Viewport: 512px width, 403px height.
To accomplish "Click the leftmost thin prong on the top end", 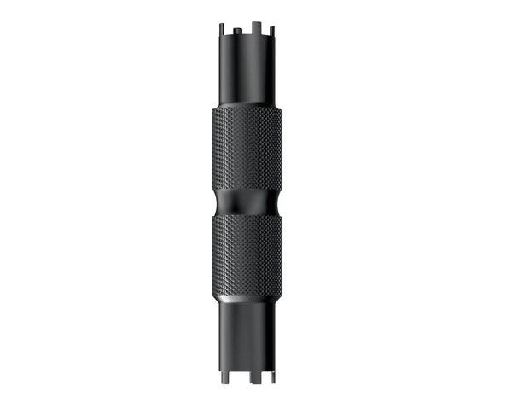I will pyautogui.click(x=221, y=30).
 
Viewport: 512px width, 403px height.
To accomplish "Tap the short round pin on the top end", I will pyautogui.click(x=235, y=32).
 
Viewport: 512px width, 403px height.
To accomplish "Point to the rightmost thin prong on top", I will pyautogui.click(x=271, y=30).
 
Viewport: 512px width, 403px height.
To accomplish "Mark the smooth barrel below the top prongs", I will pyautogui.click(x=247, y=73).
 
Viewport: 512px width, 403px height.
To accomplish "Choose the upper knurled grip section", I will pyautogui.click(x=247, y=149).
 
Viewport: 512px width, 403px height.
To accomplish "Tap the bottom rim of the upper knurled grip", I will pyautogui.click(x=247, y=189).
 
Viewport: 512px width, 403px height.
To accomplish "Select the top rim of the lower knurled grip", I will pyautogui.click(x=247, y=217).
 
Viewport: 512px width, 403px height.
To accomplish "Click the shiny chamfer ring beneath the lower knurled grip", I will pyautogui.click(x=247, y=298).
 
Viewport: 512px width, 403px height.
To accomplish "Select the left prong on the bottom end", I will pyautogui.click(x=224, y=369).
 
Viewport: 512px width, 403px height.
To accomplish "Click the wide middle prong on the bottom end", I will pyautogui.click(x=247, y=371).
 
